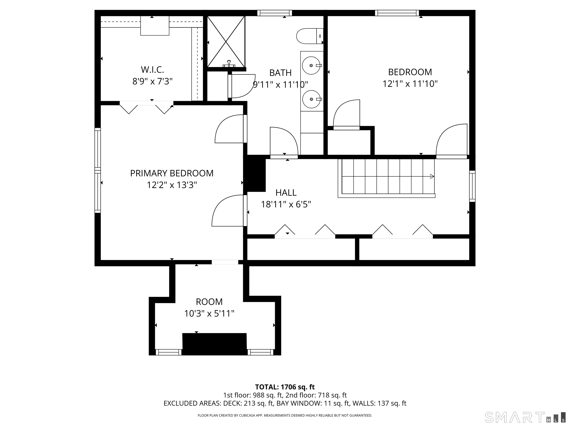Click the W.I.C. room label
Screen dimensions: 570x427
pos(152,69)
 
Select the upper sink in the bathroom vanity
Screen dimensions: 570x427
pos(311,65)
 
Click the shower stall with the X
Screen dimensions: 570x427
pos(226,42)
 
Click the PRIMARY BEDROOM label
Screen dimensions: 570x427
pos(172,173)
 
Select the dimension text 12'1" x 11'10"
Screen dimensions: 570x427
pos(410,84)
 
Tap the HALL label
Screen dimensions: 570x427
pos(286,193)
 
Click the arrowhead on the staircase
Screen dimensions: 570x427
pos(432,177)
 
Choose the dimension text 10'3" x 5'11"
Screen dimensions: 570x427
pos(209,314)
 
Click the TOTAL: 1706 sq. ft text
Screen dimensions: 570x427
pos(285,387)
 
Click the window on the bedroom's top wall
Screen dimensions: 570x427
pos(397,13)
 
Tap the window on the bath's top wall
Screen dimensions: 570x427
pos(275,13)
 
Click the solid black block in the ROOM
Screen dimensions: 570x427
pos(214,344)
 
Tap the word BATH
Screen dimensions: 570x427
pos(280,73)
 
